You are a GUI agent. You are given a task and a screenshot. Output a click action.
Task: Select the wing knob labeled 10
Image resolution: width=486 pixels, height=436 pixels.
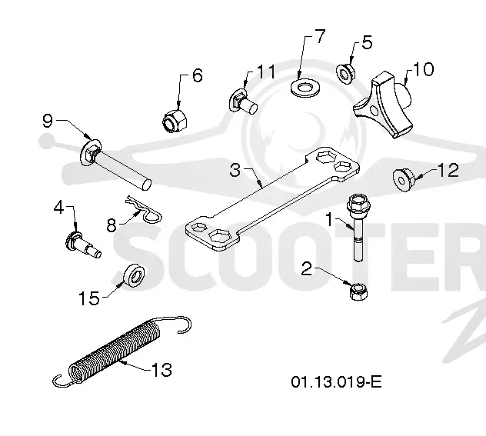(384, 105)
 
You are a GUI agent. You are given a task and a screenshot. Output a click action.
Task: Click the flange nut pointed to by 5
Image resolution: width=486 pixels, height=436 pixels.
(346, 73)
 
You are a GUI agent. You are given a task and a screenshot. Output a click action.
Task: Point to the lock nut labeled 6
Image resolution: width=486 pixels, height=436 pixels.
(175, 121)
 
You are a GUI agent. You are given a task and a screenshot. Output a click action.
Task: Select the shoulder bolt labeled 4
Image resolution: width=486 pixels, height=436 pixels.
(82, 245)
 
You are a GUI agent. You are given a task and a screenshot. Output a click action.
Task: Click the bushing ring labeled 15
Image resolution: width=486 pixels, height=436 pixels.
(134, 276)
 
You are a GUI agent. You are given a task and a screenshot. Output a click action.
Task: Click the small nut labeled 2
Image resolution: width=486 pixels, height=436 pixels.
(358, 292)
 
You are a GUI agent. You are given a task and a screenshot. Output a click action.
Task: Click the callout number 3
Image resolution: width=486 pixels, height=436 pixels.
(235, 170)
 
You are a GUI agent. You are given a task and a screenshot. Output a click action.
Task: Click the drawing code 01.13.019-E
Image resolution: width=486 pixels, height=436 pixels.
(336, 381)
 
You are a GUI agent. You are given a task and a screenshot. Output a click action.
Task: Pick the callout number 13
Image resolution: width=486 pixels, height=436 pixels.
(161, 369)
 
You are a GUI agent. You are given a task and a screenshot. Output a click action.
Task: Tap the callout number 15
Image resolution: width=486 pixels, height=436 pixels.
(89, 298)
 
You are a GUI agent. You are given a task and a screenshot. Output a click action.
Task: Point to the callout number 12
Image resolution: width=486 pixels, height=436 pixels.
(448, 170)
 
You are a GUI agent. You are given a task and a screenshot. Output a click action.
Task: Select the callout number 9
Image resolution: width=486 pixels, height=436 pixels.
(48, 121)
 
